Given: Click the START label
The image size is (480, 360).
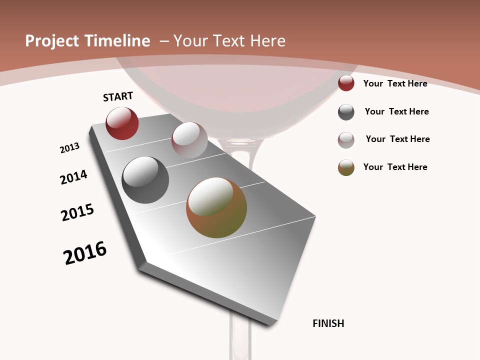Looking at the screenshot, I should point(118,96).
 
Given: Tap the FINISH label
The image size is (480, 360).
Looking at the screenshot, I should point(328,323).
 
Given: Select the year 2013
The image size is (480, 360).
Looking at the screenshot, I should point(69,148).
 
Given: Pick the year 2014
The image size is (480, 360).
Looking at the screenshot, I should point(73,177).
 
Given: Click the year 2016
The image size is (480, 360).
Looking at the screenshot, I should point(85,253).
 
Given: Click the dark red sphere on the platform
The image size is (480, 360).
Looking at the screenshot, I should point(122,123).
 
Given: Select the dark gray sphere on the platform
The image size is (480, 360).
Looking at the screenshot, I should point(145,180).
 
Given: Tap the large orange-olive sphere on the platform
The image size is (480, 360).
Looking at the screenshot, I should point(216,207).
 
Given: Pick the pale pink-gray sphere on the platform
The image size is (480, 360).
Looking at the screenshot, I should point(189,140).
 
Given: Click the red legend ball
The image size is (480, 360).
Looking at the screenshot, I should point(346,83).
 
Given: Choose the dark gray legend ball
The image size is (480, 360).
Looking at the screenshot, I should point(346,112).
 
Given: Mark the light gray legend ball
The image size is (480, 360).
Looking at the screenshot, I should point(346,140).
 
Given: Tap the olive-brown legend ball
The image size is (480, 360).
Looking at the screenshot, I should point(346,167).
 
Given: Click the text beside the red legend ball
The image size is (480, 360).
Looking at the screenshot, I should point(395,83).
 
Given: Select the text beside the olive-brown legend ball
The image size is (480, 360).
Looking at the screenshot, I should point(395,167).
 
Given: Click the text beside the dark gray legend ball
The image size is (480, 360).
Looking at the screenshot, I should point(396,111).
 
